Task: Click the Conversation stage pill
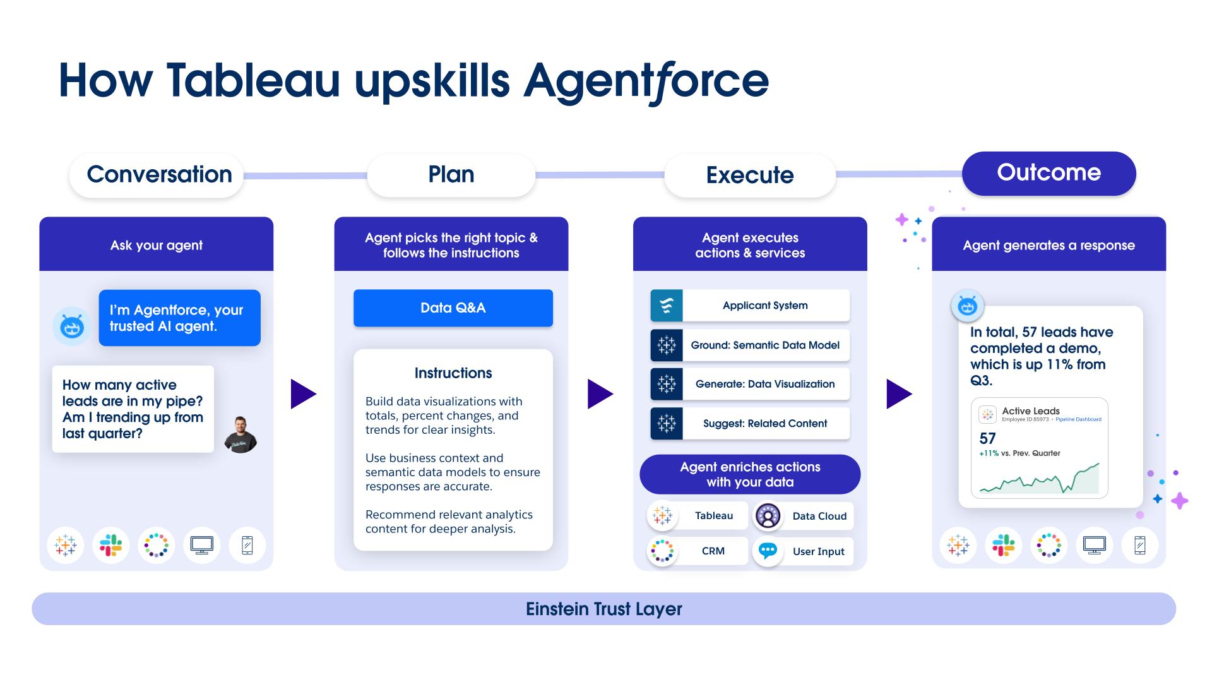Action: [x=158, y=175]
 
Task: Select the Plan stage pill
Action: [x=451, y=175]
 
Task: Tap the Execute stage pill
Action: [x=750, y=176]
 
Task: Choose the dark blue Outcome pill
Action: [x=1049, y=173]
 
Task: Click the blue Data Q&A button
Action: [x=453, y=308]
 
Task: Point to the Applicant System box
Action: [x=750, y=306]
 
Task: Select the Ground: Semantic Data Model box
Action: [x=750, y=345]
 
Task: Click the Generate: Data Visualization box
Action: [x=750, y=384]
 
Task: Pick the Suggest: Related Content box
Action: [x=750, y=423]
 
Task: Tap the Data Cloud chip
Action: [x=804, y=516]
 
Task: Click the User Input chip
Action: [x=804, y=551]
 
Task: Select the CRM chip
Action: [x=698, y=551]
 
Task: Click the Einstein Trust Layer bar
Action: [x=603, y=609]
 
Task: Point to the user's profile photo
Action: [x=241, y=435]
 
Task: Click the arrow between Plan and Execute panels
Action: [x=599, y=394]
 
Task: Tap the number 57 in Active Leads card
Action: [x=987, y=438]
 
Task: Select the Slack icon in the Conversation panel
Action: [x=111, y=545]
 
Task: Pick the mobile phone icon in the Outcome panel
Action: [x=1139, y=545]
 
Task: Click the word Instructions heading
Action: [x=453, y=373]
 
